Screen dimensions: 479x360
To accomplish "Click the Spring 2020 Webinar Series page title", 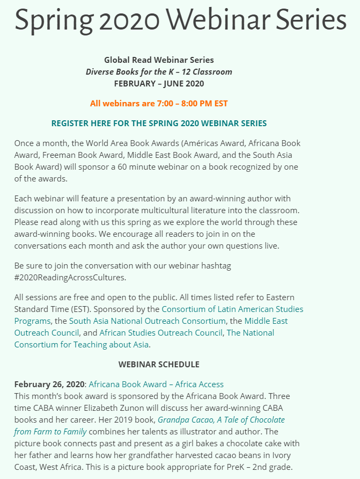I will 180,20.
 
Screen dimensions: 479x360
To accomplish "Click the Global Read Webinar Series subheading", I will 159,60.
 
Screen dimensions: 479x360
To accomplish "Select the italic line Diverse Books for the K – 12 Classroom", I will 159,72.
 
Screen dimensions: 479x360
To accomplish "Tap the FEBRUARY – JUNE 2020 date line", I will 159,83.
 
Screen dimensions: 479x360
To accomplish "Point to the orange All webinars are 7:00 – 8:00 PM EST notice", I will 159,103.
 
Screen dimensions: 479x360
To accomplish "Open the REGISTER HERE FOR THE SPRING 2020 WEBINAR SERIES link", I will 159,123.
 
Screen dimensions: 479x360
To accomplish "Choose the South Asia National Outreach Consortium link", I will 147,321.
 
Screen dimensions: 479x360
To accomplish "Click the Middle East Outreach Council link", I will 266,321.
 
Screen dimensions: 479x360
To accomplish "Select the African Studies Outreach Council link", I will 161,333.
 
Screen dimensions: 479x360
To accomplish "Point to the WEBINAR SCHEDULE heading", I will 159,364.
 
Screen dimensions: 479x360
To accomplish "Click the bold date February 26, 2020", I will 49,384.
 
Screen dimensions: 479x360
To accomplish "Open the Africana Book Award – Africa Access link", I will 156,384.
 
